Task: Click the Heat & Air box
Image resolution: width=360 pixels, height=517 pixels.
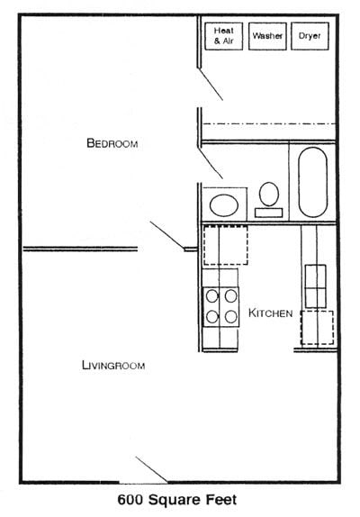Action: (223, 36)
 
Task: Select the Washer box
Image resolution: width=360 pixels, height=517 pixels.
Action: (267, 36)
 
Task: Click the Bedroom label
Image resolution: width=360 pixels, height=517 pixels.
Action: (112, 143)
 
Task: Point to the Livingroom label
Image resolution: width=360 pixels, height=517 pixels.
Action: (113, 365)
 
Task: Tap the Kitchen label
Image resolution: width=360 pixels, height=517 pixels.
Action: (271, 313)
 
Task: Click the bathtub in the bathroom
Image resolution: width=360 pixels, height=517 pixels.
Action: (311, 182)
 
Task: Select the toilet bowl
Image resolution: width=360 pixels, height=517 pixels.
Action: (268, 193)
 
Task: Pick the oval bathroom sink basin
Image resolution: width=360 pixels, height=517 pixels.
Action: (224, 203)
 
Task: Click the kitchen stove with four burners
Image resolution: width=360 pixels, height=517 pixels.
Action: (220, 306)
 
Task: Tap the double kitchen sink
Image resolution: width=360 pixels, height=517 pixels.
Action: (316, 286)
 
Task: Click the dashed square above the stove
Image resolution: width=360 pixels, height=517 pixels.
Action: (220, 246)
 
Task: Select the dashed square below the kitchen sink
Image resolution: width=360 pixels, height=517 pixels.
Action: (317, 327)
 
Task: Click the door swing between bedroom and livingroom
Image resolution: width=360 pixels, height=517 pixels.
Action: (167, 236)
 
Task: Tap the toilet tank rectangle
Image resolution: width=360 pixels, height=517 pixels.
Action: (268, 213)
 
